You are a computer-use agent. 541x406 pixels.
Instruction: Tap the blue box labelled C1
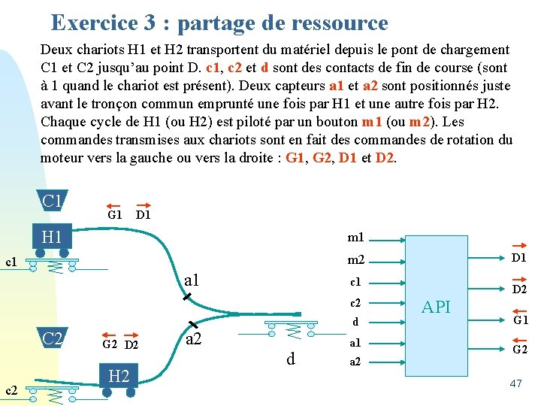click(x=53, y=201)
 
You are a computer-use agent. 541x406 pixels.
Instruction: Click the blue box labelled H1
click(x=52, y=238)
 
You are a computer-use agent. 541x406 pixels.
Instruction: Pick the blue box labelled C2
click(x=53, y=338)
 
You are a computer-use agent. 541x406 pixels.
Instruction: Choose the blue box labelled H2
click(x=119, y=376)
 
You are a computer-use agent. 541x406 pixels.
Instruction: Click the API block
click(x=436, y=306)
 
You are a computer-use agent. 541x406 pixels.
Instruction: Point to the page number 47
click(x=515, y=383)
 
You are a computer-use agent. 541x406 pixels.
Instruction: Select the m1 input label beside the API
click(x=355, y=238)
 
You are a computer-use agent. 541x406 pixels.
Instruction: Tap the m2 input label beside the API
click(x=355, y=260)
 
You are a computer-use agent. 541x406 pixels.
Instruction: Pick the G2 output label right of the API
click(x=519, y=349)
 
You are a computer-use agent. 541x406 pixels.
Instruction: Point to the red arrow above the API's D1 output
click(x=519, y=245)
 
